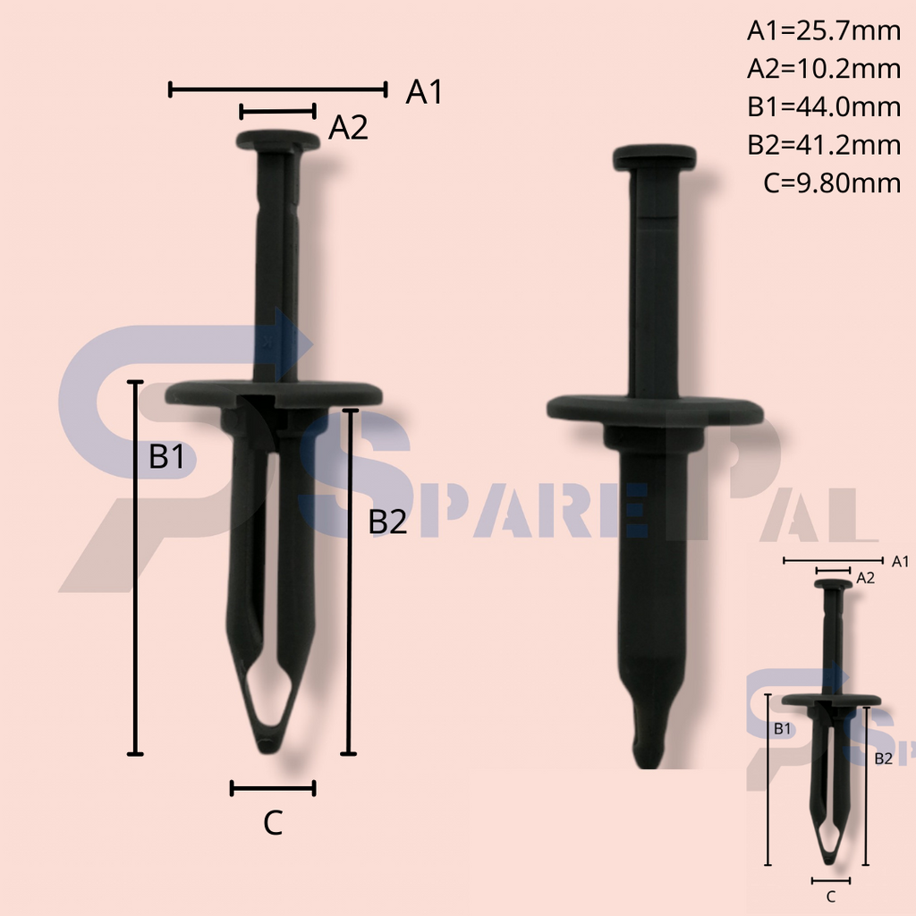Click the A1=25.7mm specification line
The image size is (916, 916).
823,31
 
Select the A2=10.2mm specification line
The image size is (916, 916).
823,69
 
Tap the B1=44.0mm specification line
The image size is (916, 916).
823,107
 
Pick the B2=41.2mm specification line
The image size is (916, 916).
823,145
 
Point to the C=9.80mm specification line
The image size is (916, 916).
831,183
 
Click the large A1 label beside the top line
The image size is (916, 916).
424,91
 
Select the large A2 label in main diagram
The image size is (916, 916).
348,129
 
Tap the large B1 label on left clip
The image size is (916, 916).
166,457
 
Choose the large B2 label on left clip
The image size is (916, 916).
387,522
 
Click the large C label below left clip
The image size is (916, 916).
273,823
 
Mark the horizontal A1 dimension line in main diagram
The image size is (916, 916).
277,89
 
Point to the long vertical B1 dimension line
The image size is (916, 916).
135,567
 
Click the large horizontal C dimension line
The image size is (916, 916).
273,788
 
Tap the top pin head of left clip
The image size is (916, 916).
278,140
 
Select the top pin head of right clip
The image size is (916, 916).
654,157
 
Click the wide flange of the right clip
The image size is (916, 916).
655,411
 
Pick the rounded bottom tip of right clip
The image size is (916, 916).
647,747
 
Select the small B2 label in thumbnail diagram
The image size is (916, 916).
883,758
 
